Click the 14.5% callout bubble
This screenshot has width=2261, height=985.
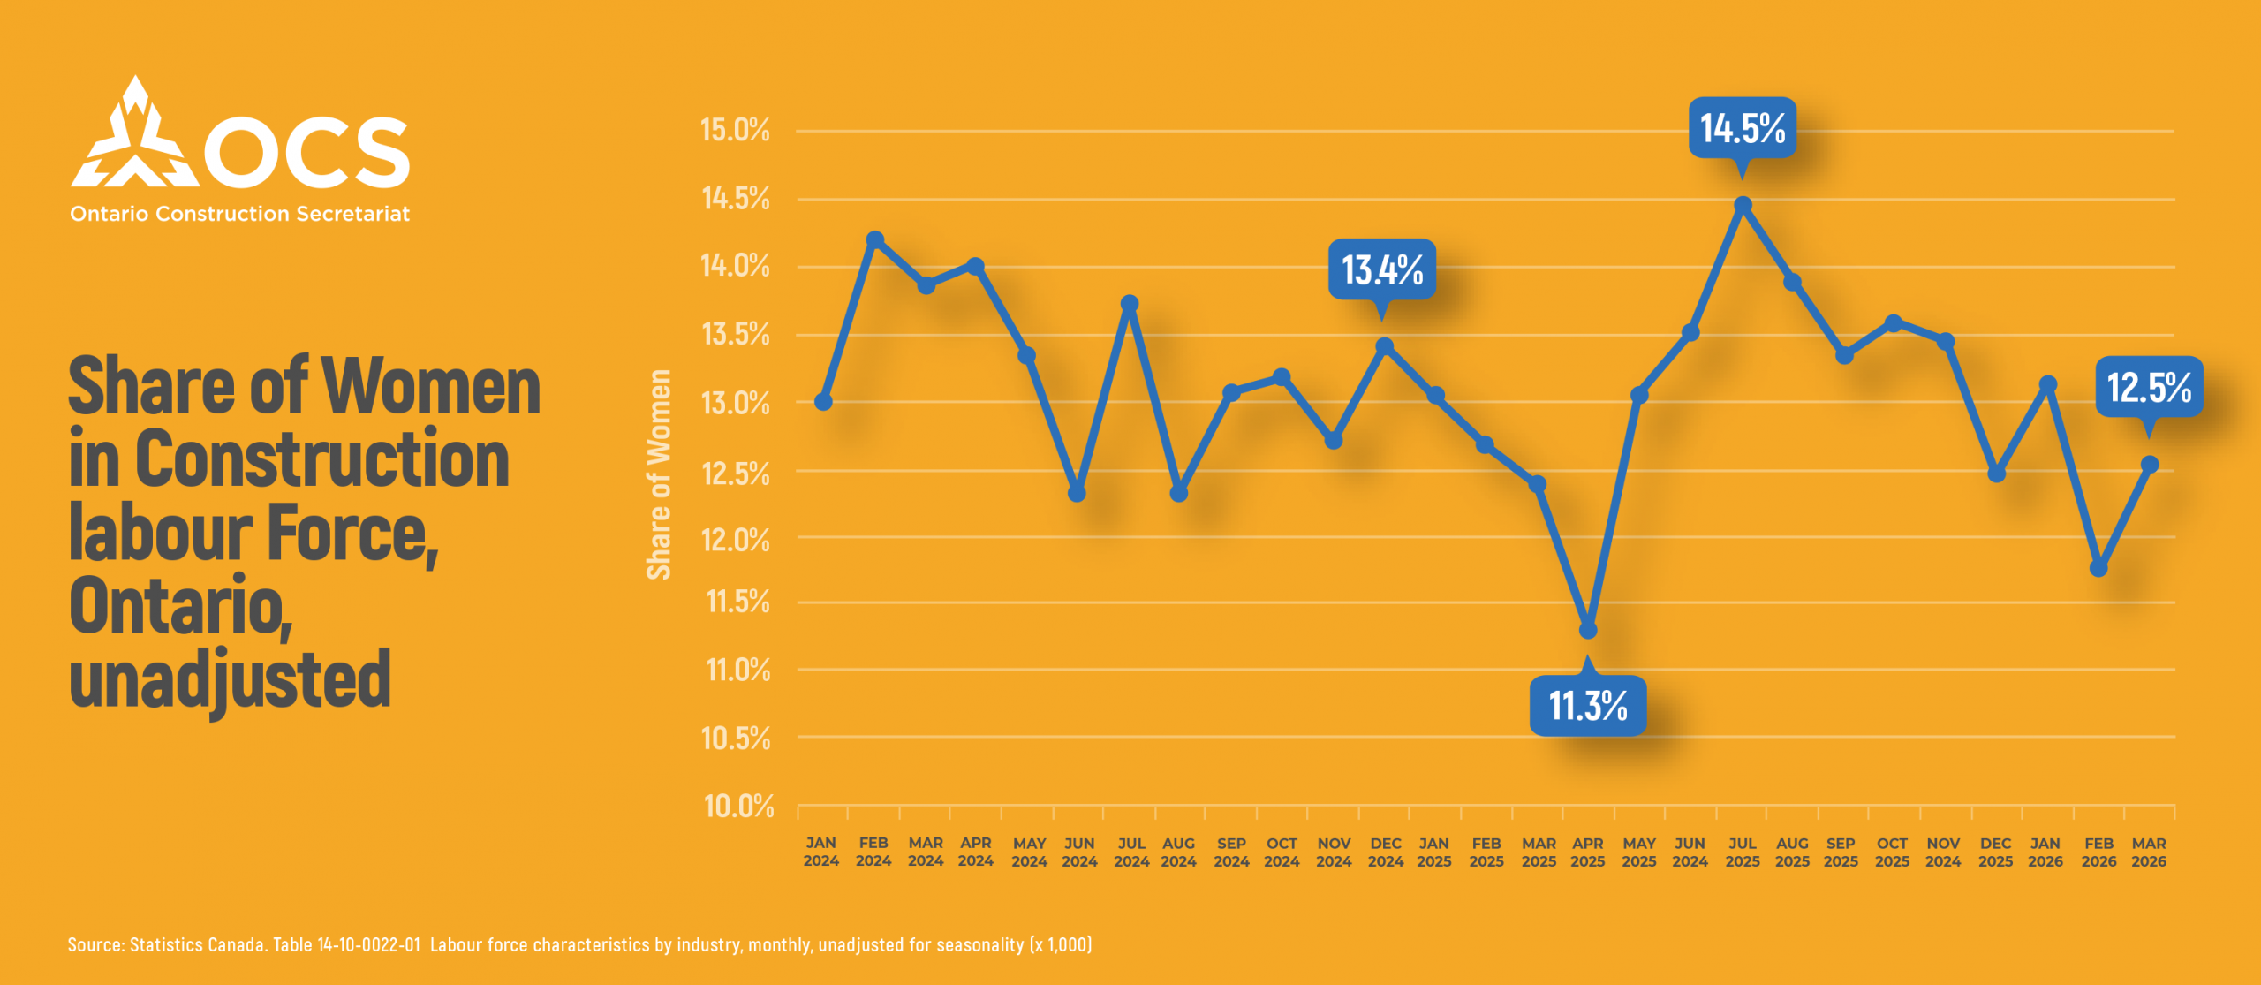point(1742,128)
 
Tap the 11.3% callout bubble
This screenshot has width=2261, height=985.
point(1587,705)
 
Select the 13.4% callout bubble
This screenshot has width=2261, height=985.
point(1381,269)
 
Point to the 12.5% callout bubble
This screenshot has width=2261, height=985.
point(2148,387)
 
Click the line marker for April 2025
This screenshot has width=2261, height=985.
point(1587,630)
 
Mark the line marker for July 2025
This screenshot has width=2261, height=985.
point(1743,205)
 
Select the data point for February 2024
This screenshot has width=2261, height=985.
point(874,239)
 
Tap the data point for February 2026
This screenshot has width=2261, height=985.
point(2098,568)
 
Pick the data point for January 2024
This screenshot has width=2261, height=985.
point(823,402)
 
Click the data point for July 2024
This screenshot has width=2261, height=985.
point(1129,303)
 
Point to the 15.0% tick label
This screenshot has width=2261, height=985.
point(735,130)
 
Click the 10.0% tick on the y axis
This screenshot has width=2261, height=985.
point(738,806)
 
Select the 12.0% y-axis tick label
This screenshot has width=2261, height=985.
point(735,539)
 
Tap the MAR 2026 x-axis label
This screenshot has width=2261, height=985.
point(2148,852)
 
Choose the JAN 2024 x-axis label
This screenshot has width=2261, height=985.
point(820,852)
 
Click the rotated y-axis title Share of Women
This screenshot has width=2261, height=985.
point(659,474)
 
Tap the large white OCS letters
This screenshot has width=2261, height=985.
point(306,152)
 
